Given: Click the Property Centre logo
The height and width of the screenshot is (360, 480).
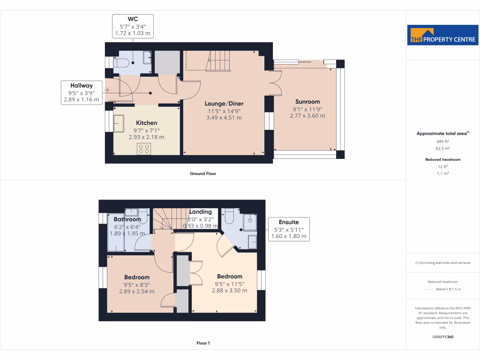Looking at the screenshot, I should [442, 35].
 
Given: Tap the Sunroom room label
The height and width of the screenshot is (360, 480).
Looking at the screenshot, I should [307, 102].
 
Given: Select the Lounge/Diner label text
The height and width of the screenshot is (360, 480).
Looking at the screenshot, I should [224, 104].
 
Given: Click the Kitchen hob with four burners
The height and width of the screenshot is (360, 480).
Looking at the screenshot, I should [144, 149].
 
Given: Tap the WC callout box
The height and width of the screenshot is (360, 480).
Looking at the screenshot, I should [133, 26].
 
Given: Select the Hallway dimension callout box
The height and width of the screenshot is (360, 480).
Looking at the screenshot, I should [82, 92].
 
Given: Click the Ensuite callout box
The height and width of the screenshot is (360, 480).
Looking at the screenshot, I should [289, 229].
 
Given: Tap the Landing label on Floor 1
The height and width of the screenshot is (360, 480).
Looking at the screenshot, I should [200, 212].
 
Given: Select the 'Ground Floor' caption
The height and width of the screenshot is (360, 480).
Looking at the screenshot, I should [202, 173].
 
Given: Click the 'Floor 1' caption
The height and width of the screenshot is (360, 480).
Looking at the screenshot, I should [202, 343].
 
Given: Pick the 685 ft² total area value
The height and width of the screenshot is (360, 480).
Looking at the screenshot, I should [442, 141].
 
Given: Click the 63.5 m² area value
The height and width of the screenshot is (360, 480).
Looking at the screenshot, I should [442, 148].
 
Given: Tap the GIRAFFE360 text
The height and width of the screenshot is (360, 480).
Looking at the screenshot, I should [442, 337].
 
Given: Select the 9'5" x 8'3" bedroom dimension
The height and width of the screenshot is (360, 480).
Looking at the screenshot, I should [137, 285].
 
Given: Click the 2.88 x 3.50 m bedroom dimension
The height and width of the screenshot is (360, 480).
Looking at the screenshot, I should [230, 291].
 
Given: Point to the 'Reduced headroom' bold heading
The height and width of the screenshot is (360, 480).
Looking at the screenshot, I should [442, 159].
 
